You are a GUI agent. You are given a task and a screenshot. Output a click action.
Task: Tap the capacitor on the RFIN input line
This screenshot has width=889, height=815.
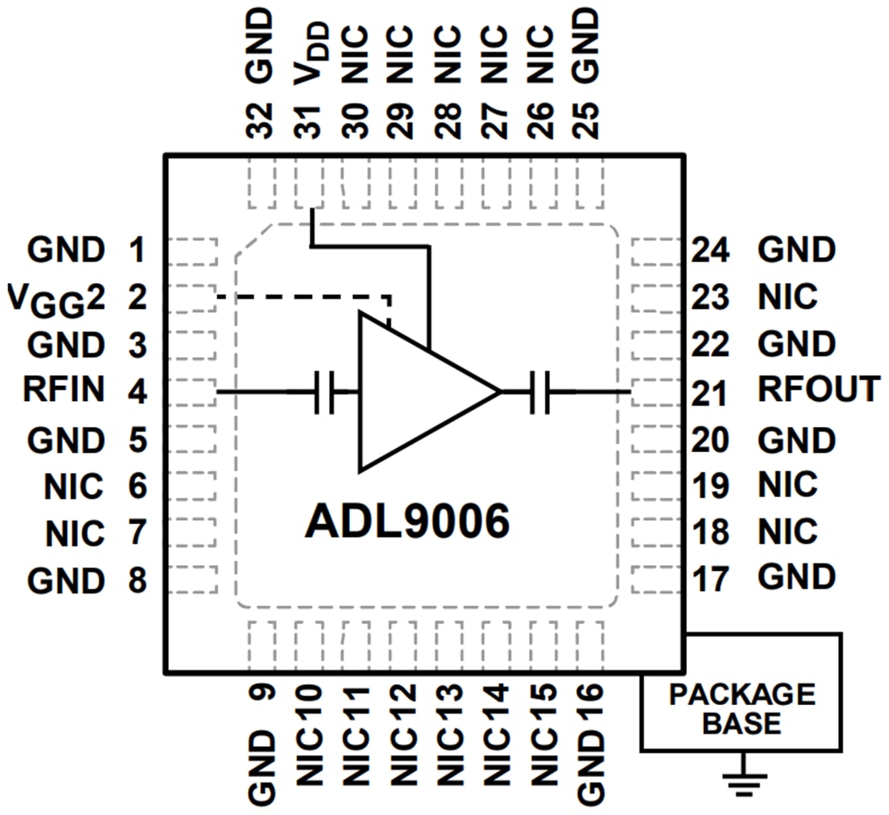[x=324, y=392]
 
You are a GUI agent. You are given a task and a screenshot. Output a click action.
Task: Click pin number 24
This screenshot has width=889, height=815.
[x=711, y=250]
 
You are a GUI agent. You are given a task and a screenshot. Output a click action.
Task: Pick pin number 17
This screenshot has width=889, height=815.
[x=711, y=579]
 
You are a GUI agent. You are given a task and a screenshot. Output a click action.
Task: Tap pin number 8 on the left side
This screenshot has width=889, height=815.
[x=137, y=579]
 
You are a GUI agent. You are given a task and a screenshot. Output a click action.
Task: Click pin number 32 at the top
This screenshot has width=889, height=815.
[x=263, y=119]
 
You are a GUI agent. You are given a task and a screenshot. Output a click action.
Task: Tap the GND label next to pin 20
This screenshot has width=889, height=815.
[x=796, y=441]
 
